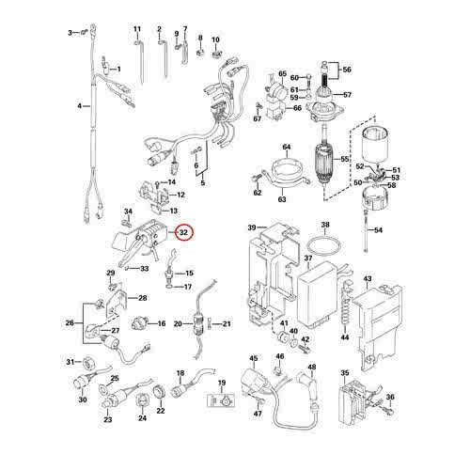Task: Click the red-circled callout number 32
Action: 184,231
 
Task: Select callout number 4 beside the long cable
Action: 79,106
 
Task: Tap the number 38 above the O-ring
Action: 325,226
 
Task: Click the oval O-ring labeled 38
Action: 324,245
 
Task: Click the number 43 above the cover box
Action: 369,279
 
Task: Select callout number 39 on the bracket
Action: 251,228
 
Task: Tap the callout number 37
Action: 307,258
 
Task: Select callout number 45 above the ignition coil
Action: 253,360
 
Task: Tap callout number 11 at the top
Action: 137,30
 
